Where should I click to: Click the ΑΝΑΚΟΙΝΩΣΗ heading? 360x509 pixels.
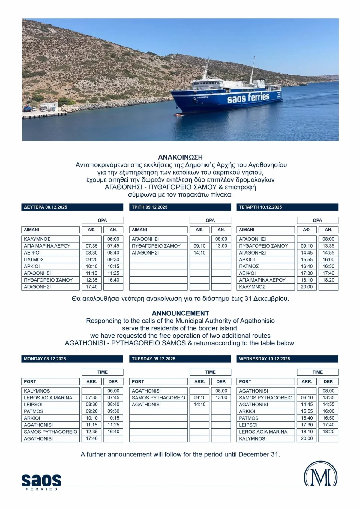[180, 157]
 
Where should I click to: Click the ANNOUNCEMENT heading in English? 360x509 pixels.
[180, 313]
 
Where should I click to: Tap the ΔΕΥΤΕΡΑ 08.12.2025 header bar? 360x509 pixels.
[72, 207]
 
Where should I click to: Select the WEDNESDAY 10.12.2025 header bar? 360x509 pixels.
[287, 359]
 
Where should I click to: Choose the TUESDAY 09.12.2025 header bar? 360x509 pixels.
[180, 359]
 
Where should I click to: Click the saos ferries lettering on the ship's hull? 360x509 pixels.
[248, 98]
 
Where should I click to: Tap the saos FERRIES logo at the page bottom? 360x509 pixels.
[41, 482]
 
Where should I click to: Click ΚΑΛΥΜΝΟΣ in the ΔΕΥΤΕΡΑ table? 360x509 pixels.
[37, 239]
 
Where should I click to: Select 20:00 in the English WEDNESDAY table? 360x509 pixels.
[307, 438]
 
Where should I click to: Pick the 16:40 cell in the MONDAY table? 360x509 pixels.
[113, 432]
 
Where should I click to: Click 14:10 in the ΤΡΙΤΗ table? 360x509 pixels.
[199, 253]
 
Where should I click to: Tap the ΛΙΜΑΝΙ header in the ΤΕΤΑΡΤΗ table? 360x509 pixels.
[247, 230]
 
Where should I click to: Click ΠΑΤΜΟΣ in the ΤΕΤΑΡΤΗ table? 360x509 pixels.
[249, 266]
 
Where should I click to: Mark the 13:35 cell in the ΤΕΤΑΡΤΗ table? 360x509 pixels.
[328, 246]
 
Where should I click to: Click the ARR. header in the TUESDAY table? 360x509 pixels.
[199, 381]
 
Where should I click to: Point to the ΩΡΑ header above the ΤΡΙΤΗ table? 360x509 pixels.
[210, 220]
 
